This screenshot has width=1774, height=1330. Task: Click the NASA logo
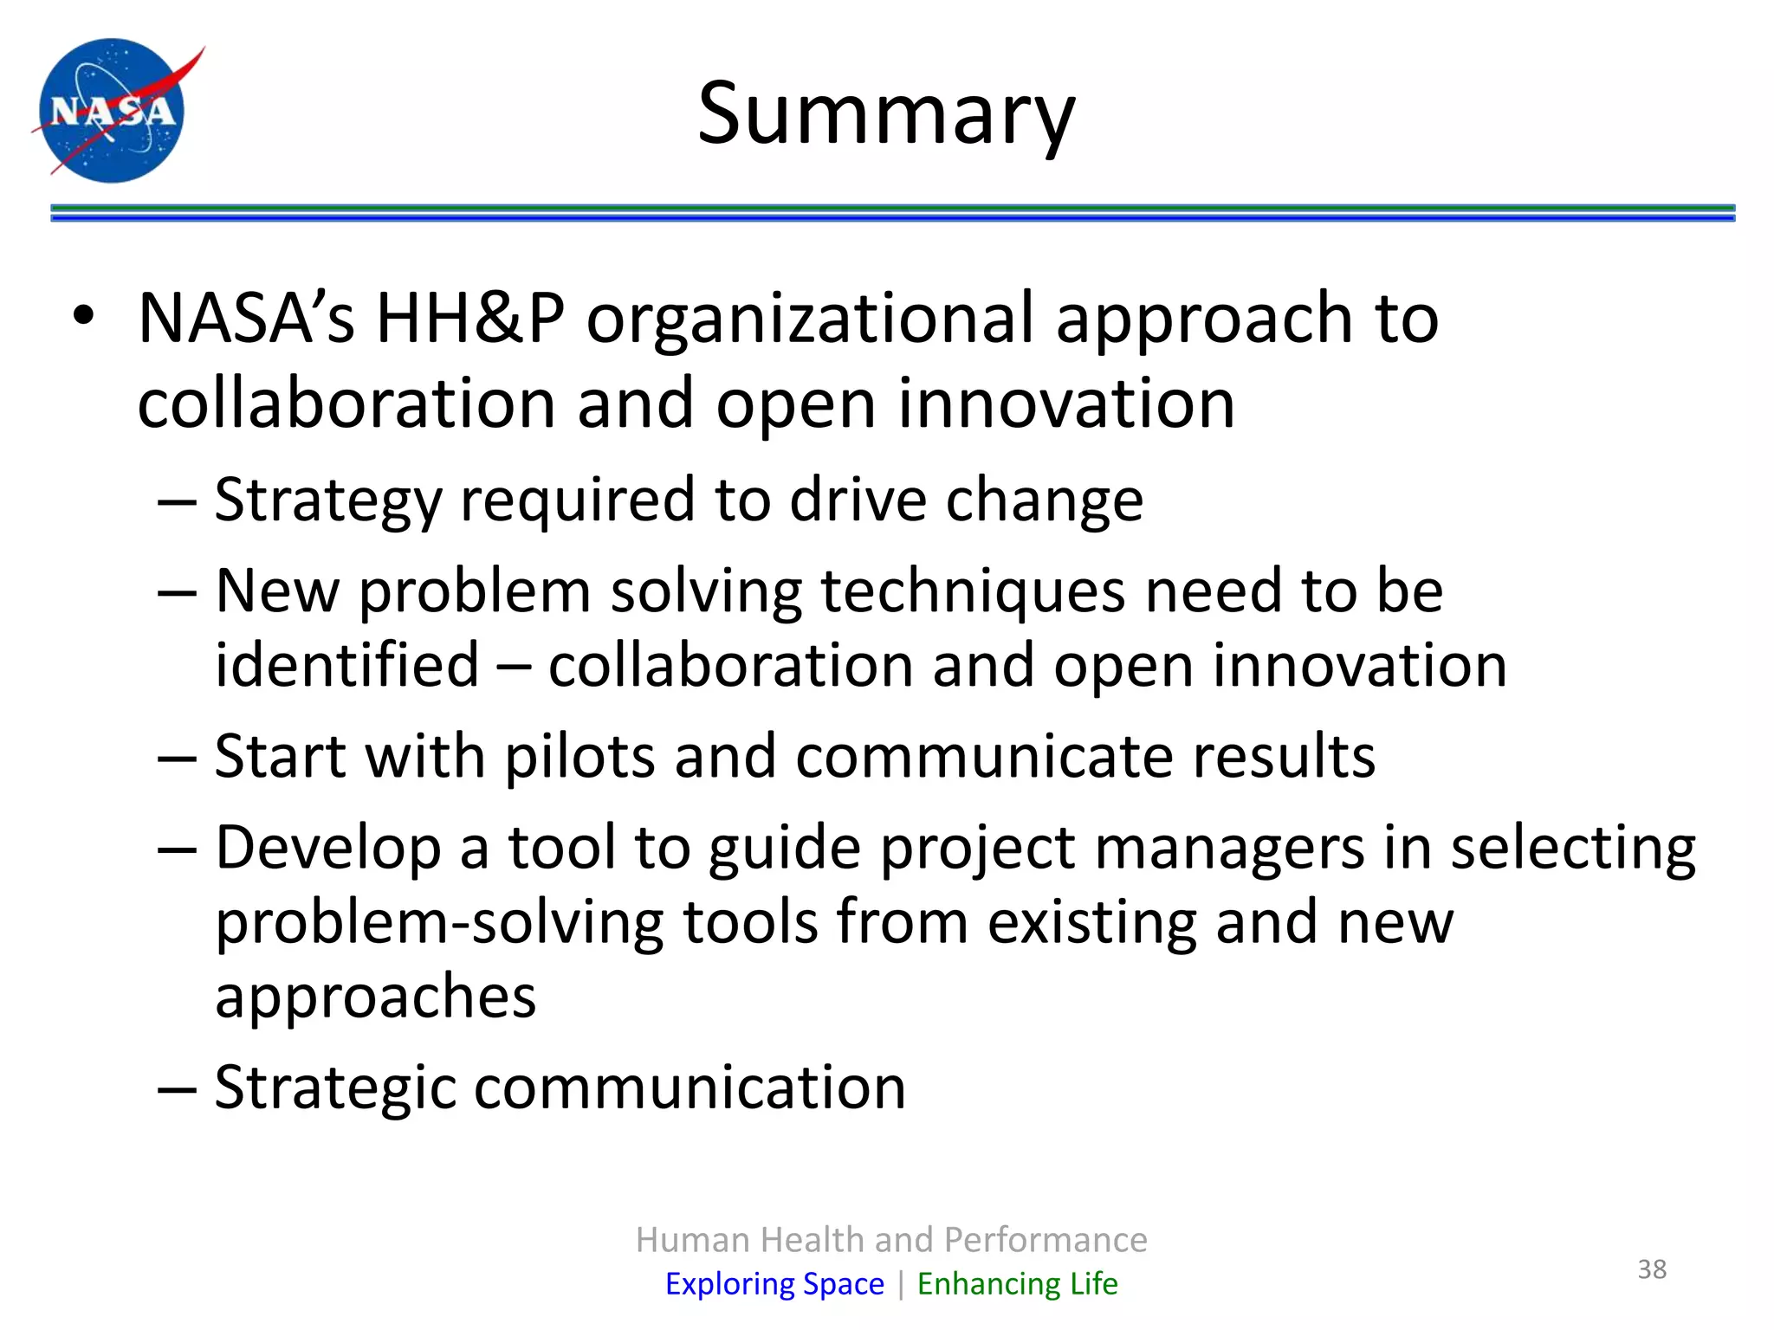click(x=113, y=110)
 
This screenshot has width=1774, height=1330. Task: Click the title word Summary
click(x=885, y=113)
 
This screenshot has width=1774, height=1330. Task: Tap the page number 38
click(x=1651, y=1269)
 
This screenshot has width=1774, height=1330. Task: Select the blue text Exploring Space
click(x=774, y=1283)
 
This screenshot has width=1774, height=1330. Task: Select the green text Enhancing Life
click(x=1017, y=1283)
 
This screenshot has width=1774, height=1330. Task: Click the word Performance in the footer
click(x=1046, y=1240)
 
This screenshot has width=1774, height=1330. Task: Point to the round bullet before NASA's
click(x=83, y=318)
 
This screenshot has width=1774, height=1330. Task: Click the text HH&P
click(x=469, y=318)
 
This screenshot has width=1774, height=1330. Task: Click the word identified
click(x=346, y=665)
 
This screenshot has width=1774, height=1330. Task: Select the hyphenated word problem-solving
click(x=438, y=923)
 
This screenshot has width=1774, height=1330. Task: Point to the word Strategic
click(x=333, y=1088)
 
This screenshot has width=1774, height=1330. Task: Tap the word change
click(x=1044, y=500)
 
